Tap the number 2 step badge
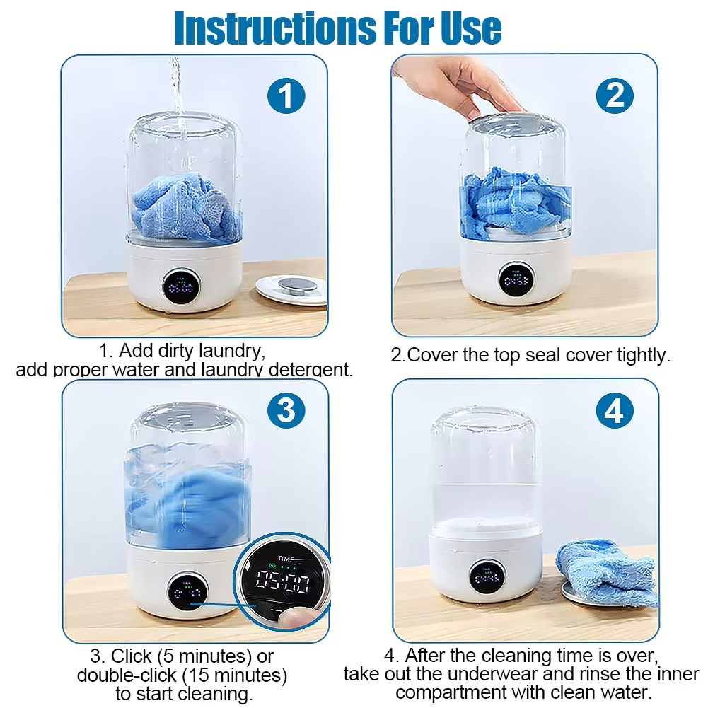point(614,96)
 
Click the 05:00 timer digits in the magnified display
point(283,583)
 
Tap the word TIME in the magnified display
point(286,559)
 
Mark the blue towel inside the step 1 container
point(186,205)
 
